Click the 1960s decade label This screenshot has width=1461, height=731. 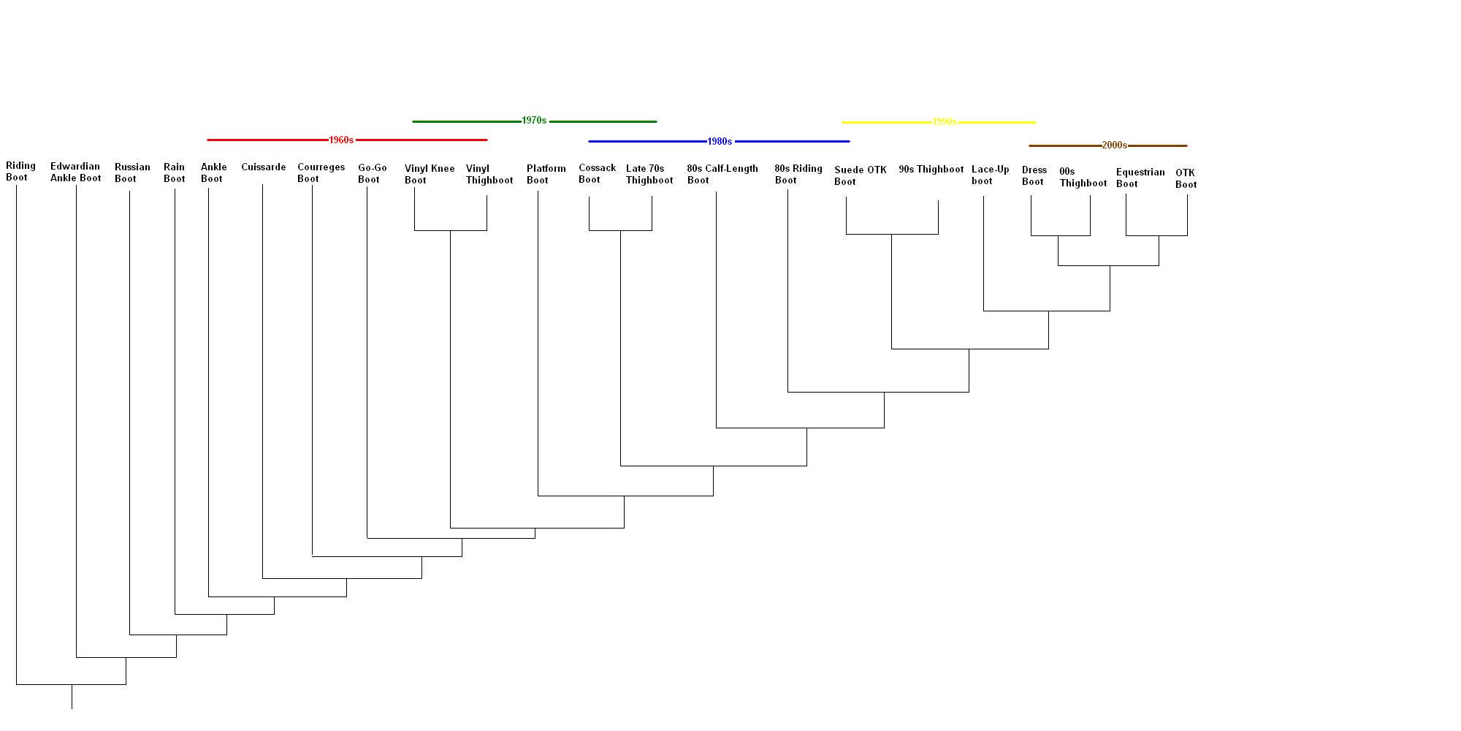click(341, 140)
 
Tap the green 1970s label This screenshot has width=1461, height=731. click(534, 121)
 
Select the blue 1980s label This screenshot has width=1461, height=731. click(720, 141)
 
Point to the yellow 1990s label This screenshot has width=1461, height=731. click(945, 122)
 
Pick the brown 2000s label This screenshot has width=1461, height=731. click(1114, 145)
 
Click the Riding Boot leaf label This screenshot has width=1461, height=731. click(20, 172)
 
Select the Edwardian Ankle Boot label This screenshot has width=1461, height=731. click(75, 173)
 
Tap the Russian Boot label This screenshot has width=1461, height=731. click(132, 173)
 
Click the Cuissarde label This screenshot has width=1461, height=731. click(263, 167)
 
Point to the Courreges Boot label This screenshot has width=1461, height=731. click(321, 173)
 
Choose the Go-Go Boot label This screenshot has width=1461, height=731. click(372, 174)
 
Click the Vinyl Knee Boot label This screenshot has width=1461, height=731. click(429, 174)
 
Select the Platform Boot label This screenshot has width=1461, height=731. click(546, 174)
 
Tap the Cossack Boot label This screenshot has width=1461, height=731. click(597, 174)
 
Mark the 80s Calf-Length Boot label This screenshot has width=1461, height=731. click(722, 174)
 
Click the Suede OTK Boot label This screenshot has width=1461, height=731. click(860, 175)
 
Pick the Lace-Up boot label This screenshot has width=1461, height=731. click(990, 175)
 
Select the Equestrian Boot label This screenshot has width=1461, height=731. click(1140, 178)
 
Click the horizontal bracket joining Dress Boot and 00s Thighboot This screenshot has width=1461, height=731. click(1060, 235)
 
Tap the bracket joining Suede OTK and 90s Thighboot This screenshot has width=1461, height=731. click(892, 234)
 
